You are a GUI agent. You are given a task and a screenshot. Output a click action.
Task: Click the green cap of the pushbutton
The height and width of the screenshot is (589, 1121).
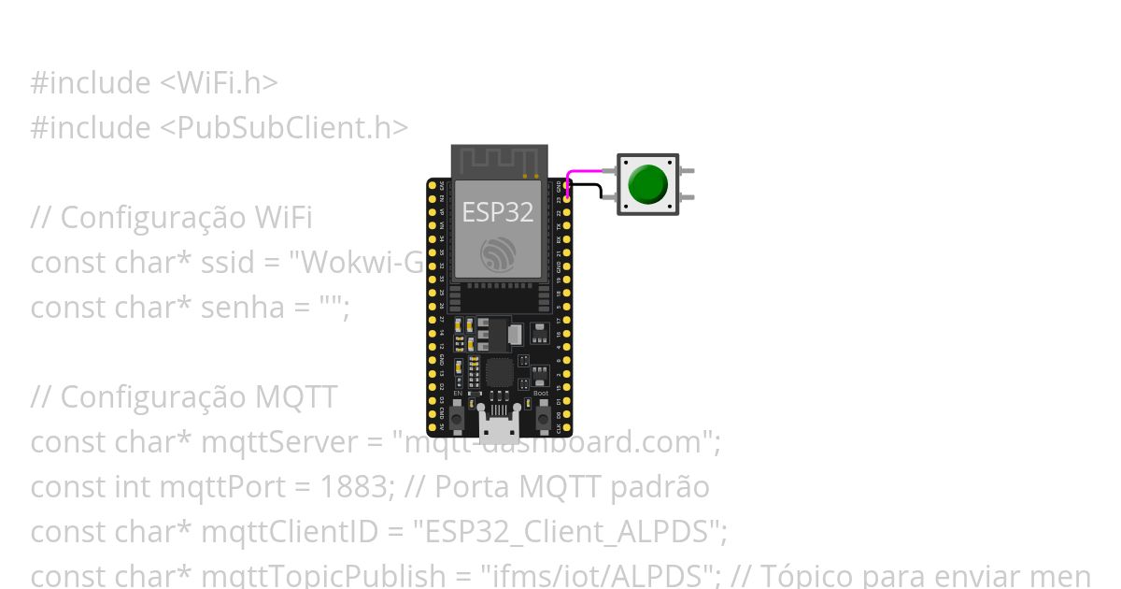point(648,184)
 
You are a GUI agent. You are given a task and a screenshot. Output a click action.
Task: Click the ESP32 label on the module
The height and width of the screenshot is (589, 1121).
point(498,211)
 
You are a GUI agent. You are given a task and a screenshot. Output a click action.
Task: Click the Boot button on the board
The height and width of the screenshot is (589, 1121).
point(541,415)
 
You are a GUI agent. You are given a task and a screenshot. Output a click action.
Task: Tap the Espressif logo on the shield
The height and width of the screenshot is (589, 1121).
point(497,253)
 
